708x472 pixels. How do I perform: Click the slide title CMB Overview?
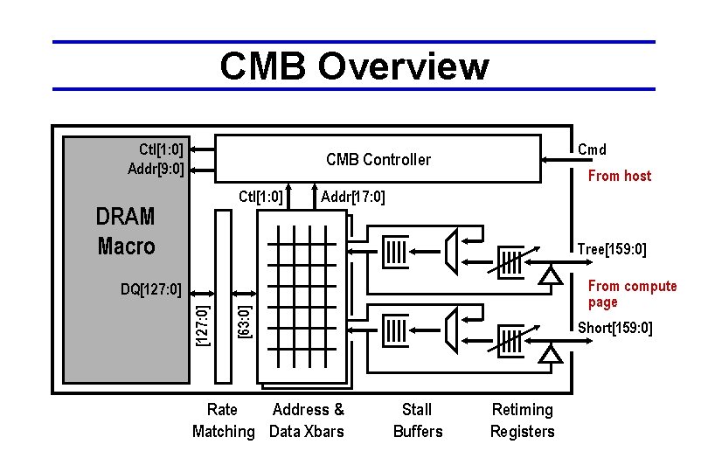point(354,66)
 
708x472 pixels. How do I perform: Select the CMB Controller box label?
point(378,159)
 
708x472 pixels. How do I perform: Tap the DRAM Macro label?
point(126,232)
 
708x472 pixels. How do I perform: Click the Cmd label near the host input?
point(592,149)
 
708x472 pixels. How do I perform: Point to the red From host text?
point(619,176)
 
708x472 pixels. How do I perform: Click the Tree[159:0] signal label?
point(612,250)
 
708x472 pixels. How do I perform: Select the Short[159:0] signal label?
point(614,328)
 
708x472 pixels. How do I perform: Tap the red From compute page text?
point(632,294)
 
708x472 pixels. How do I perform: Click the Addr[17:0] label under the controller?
point(353,196)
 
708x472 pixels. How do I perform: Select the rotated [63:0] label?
point(246,321)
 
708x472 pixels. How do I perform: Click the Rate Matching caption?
point(223,420)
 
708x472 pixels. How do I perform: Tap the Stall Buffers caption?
point(418,420)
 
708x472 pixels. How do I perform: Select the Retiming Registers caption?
point(522,420)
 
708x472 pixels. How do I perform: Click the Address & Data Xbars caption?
point(307,420)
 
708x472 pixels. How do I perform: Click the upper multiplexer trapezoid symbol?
point(452,250)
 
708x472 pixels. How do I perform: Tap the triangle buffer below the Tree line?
point(550,275)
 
